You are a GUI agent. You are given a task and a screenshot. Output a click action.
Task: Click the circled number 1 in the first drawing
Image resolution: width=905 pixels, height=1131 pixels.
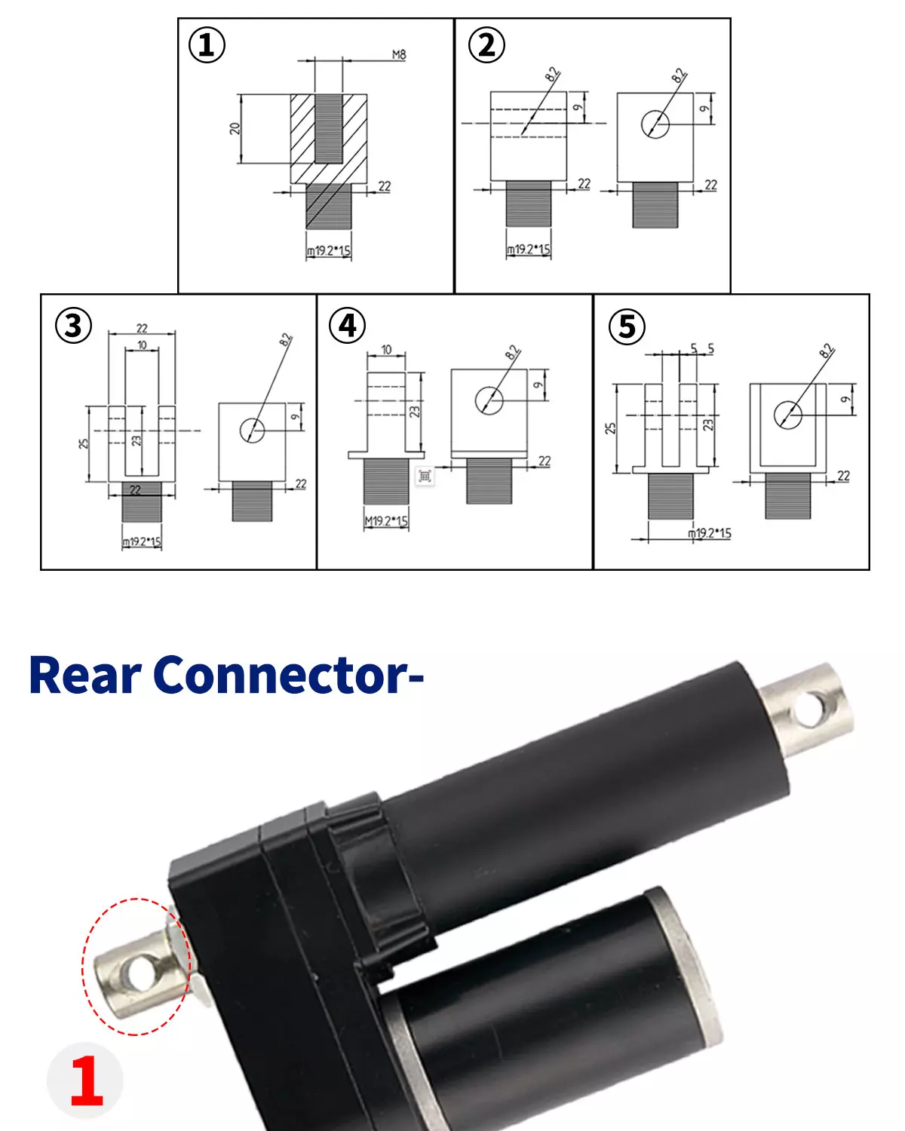[x=206, y=44]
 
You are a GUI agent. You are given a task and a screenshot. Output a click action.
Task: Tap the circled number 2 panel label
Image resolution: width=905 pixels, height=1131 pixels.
[x=486, y=44]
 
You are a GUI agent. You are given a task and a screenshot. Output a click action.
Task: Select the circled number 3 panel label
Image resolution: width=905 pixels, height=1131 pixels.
[x=73, y=326]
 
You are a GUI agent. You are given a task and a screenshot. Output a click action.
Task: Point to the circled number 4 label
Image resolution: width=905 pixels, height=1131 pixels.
[x=348, y=325]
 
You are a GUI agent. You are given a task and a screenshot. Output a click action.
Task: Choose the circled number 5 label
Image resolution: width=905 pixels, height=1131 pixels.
[x=627, y=326]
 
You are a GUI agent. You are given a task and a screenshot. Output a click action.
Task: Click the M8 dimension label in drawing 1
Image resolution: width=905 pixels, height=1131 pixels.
[x=398, y=54]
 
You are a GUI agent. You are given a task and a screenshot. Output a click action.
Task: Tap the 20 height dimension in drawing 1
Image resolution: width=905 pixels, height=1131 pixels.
[x=235, y=128]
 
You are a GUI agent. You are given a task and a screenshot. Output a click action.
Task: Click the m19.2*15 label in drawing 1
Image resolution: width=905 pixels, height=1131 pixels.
[x=328, y=251]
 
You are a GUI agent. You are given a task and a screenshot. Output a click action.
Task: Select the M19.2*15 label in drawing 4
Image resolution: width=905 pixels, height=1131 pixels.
[x=385, y=521]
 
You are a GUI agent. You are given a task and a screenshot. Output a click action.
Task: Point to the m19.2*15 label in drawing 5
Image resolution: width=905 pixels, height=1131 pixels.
[x=709, y=533]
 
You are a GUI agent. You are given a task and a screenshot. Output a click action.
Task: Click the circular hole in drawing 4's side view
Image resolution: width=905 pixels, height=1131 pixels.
[x=489, y=400]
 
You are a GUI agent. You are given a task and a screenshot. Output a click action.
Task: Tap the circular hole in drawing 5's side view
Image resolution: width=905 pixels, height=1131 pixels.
[x=787, y=414]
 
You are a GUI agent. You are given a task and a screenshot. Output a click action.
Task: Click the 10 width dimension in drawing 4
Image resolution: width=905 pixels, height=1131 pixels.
[x=386, y=350]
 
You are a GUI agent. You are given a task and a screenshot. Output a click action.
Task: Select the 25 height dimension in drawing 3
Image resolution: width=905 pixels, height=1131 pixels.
[x=83, y=443]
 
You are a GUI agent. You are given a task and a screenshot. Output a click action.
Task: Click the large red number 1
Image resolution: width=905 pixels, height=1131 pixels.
[x=86, y=1081]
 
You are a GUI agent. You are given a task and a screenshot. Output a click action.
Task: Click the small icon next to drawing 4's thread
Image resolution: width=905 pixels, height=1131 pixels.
[x=425, y=476]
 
